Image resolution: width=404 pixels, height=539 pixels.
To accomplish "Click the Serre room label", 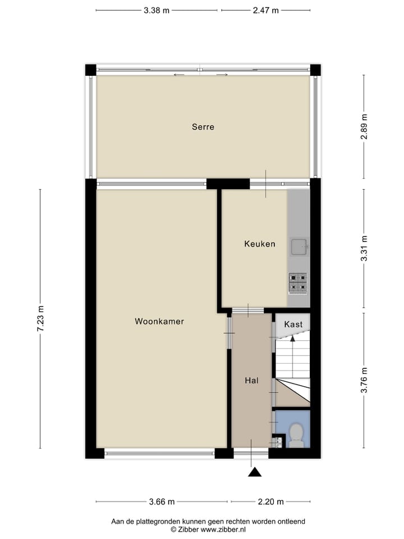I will [x=203, y=127].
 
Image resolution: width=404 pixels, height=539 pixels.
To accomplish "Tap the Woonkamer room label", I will [x=159, y=322].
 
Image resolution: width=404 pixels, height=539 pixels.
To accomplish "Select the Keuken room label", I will [x=259, y=244].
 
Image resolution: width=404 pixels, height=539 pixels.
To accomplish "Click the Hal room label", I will [x=251, y=381].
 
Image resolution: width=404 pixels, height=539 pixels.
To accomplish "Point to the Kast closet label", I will [x=293, y=325].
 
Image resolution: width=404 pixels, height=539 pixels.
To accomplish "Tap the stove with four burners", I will [x=298, y=284].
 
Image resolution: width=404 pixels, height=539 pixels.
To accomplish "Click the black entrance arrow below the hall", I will [x=255, y=472].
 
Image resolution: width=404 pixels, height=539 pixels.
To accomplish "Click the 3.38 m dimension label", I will [x=157, y=10].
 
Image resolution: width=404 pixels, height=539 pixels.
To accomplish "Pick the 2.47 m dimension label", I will [x=265, y=10].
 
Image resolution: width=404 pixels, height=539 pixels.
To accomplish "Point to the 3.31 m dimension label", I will [x=364, y=248].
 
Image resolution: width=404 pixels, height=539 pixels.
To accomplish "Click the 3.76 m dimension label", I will [x=364, y=380].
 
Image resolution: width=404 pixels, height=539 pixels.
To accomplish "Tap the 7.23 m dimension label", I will [x=40, y=318].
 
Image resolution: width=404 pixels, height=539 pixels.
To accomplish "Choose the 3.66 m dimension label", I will [x=162, y=502].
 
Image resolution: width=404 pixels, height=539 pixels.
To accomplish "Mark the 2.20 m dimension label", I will [x=270, y=502].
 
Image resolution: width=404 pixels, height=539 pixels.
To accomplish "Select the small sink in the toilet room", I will [x=276, y=441].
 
